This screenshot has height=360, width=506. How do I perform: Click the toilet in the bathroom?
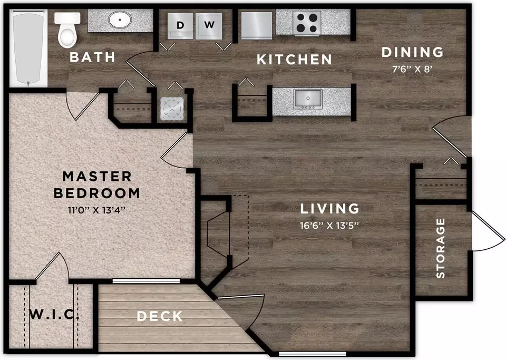(67, 29)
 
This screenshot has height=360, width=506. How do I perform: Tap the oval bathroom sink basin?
(120, 20)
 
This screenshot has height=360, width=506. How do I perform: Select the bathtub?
(28, 48)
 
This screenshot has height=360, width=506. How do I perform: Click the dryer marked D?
(180, 26)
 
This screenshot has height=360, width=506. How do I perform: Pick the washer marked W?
(209, 26)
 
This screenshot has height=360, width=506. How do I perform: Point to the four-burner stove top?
(307, 23)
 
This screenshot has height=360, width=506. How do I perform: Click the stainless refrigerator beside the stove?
(257, 25)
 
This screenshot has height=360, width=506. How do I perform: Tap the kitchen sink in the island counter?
(308, 99)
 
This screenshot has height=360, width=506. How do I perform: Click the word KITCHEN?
(294, 60)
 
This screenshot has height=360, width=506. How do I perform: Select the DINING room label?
(412, 52)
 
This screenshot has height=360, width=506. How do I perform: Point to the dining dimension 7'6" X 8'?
(412, 69)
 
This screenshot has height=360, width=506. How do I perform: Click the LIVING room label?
(329, 209)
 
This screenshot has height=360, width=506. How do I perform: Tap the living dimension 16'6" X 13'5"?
(329, 225)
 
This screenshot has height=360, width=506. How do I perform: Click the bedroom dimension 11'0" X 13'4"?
(96, 210)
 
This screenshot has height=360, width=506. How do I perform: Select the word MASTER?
(97, 177)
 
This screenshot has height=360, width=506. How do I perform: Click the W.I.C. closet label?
(54, 314)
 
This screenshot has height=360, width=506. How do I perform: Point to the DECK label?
(160, 316)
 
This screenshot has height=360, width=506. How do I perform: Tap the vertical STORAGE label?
(441, 248)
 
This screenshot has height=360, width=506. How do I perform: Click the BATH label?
(92, 57)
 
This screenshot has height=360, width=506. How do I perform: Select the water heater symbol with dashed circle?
(172, 108)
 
